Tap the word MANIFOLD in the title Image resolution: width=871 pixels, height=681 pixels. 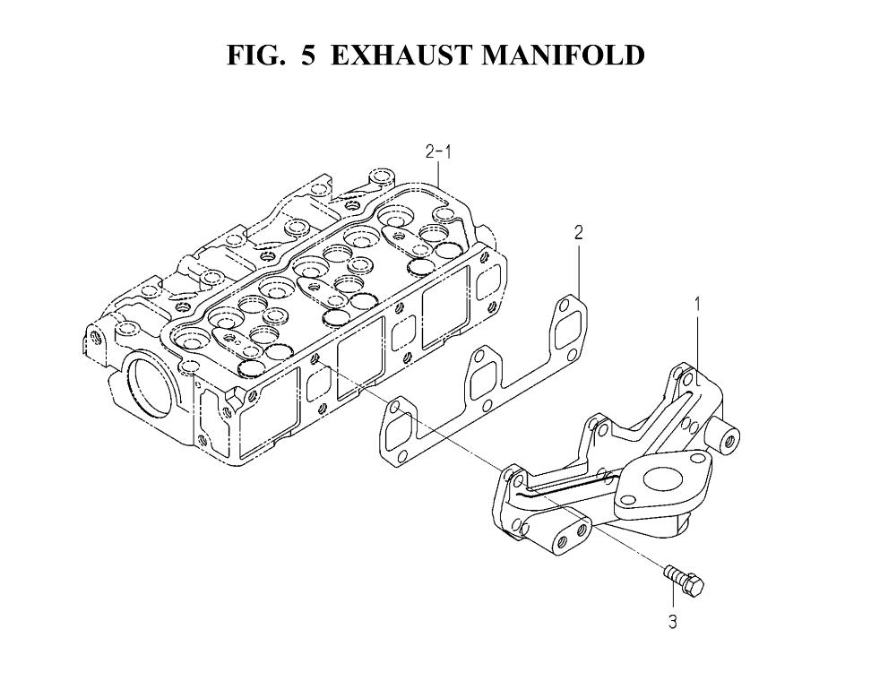(x=562, y=55)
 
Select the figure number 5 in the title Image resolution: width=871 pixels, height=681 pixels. (x=308, y=55)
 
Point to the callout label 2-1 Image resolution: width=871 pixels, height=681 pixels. (x=437, y=152)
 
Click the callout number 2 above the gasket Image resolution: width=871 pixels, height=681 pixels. (x=578, y=233)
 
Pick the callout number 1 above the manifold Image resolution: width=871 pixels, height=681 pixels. (x=697, y=304)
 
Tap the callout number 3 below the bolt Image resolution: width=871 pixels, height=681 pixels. (x=673, y=622)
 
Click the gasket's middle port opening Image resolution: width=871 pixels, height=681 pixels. (x=485, y=382)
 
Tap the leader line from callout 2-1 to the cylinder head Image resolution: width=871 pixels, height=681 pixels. (x=438, y=173)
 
